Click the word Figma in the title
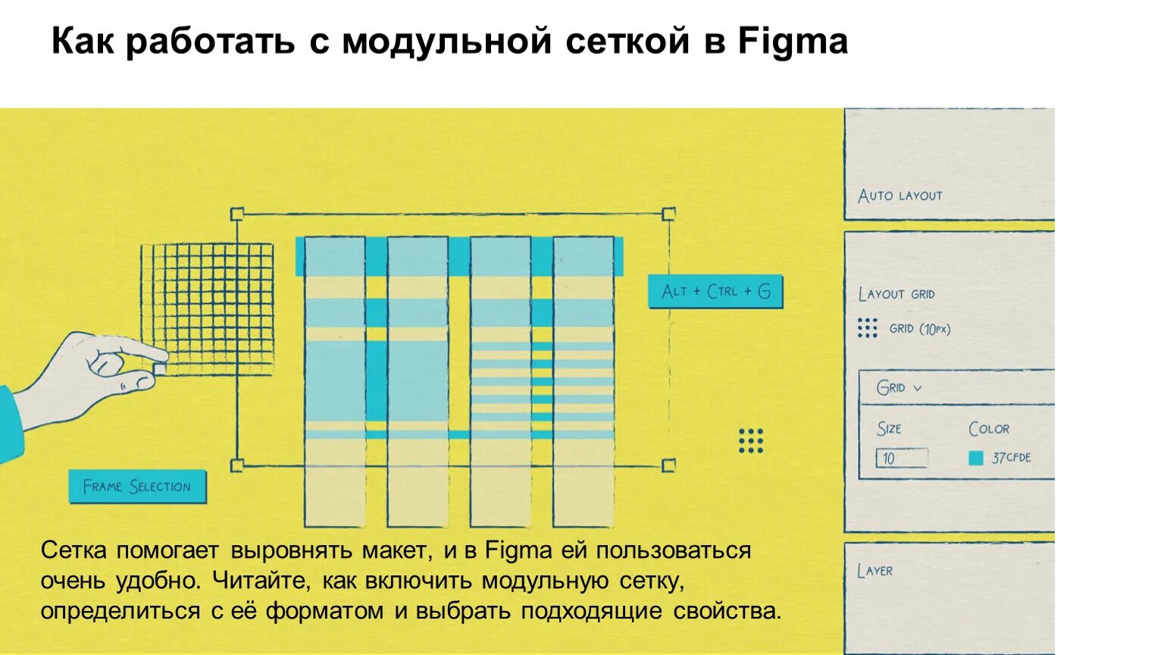(793, 41)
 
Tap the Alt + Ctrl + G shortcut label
(715, 292)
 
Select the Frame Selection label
(137, 487)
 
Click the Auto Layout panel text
(899, 196)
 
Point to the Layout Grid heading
(896, 294)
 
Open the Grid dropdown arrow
(918, 388)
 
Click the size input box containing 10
(901, 458)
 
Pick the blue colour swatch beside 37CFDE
(976, 458)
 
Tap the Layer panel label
(874, 571)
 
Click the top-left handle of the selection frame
(236, 215)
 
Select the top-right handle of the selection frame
(668, 214)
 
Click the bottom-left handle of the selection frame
(236, 465)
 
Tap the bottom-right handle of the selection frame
(668, 465)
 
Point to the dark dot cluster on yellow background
(750, 440)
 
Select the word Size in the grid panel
(889, 429)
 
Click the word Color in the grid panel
(989, 429)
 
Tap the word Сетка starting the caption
(74, 550)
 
